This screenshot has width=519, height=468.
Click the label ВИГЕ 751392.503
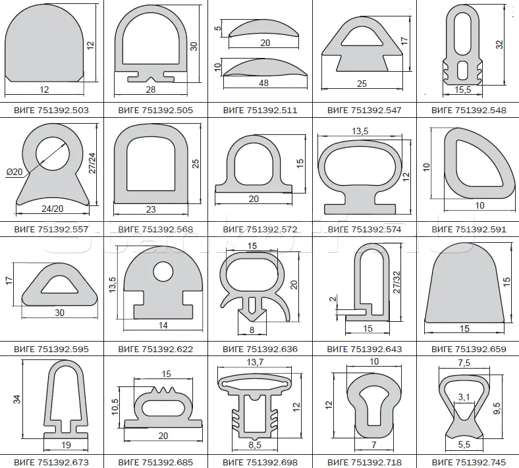coord(51,110)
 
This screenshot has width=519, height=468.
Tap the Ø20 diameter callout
coord(14,172)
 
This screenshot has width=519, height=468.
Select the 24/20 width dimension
coord(52,209)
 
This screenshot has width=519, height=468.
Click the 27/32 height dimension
coord(397,282)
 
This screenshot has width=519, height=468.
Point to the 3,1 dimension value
coord(464,397)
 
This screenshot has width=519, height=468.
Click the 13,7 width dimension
coord(255,362)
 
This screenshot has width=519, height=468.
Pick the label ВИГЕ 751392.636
coord(260,349)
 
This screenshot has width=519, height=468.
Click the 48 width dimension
coord(263,83)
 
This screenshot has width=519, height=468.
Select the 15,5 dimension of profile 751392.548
coord(463,90)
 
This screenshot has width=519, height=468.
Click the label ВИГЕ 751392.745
coord(469,462)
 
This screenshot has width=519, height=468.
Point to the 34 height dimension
coord(16,399)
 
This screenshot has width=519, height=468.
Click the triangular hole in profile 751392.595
coord(60,286)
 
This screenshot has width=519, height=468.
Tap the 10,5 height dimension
coord(115,407)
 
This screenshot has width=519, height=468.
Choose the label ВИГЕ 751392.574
coord(364,229)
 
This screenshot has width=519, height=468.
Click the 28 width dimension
coord(151,90)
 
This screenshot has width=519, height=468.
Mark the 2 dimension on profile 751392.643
coord(333,299)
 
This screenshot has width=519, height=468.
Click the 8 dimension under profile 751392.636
coord(252,330)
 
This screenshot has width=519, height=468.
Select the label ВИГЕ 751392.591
coord(469,229)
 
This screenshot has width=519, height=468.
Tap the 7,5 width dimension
coord(464,363)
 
